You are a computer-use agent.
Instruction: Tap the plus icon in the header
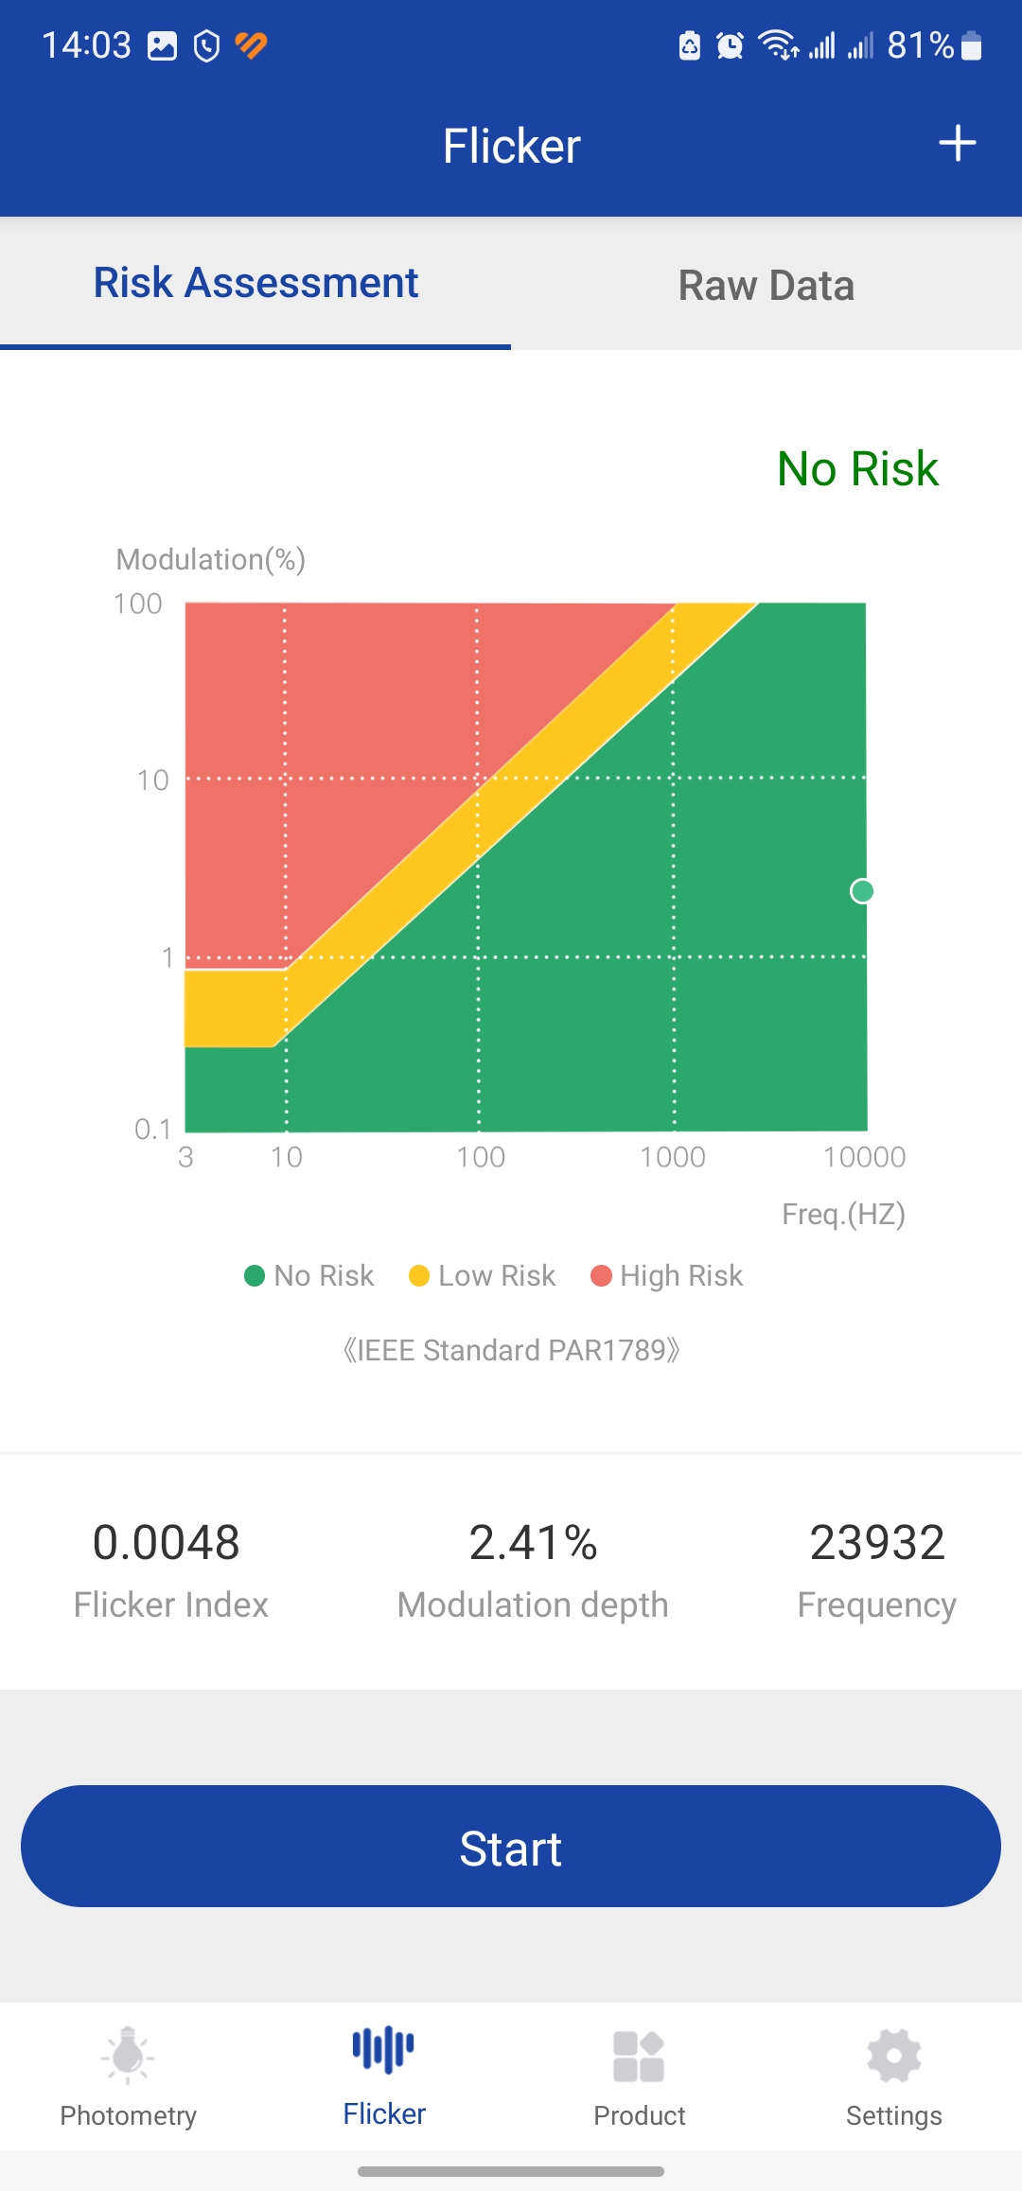[x=957, y=144]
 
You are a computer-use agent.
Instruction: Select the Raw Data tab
[x=766, y=286]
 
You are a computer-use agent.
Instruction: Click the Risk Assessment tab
[x=255, y=283]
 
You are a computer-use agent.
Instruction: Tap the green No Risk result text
[x=857, y=469]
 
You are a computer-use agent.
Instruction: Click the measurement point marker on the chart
[x=862, y=891]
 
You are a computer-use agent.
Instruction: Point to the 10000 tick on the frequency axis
[x=864, y=1157]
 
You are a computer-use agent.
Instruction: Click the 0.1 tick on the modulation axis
[x=152, y=1129]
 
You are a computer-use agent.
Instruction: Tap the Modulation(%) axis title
[x=210, y=559]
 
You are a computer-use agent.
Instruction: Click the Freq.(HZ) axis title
[x=843, y=1214]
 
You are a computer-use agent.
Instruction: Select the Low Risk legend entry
[x=483, y=1276]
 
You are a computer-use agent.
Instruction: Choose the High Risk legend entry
[x=667, y=1276]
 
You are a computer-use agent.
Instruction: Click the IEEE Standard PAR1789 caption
[x=511, y=1350]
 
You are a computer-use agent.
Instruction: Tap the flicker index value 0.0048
[x=167, y=1543]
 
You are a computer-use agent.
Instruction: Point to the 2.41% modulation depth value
[x=533, y=1543]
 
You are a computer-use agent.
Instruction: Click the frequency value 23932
[x=877, y=1543]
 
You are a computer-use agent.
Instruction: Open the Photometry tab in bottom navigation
[x=129, y=2077]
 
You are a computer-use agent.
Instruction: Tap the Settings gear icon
[x=894, y=2057]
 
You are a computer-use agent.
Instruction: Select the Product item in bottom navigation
[x=639, y=2077]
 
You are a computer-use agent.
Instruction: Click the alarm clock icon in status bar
[x=730, y=45]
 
